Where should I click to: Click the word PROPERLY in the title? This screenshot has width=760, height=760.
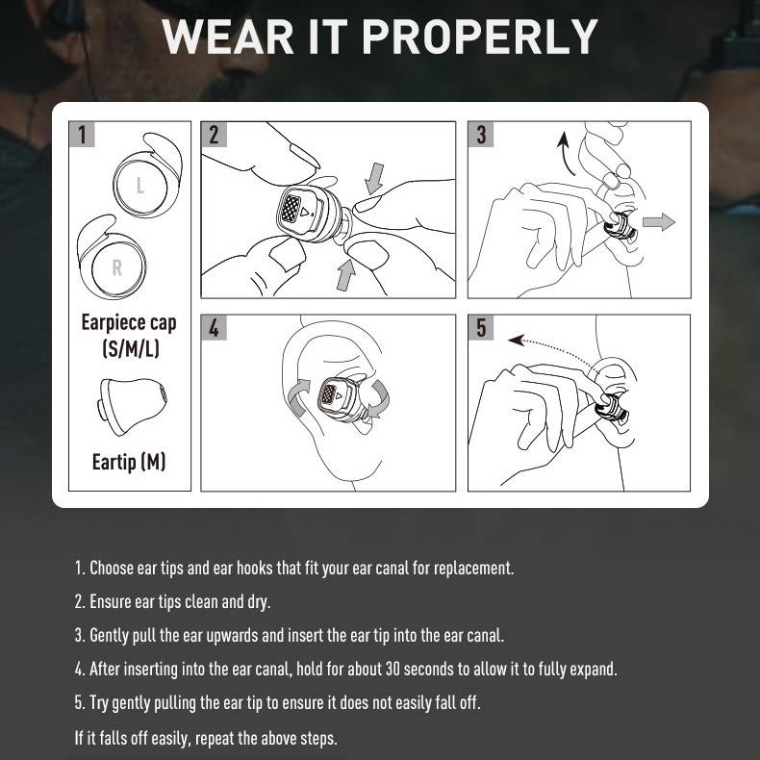pyautogui.click(x=480, y=37)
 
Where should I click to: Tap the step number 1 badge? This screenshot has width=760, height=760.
pyautogui.click(x=82, y=135)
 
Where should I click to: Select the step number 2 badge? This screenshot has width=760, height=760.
pyautogui.click(x=215, y=135)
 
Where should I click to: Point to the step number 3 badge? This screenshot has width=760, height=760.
pyautogui.click(x=481, y=135)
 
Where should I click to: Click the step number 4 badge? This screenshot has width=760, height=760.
pyautogui.click(x=215, y=328)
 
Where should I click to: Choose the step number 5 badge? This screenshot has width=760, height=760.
pyautogui.click(x=481, y=328)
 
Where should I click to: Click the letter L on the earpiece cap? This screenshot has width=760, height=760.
pyautogui.click(x=140, y=185)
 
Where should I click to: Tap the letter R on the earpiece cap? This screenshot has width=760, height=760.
pyautogui.click(x=117, y=267)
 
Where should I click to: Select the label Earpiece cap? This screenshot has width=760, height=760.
pyautogui.click(x=129, y=323)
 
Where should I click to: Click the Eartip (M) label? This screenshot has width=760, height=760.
pyautogui.click(x=129, y=462)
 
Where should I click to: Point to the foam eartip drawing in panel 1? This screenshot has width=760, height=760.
pyautogui.click(x=132, y=406)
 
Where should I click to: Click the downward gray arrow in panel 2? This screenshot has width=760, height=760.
pyautogui.click(x=374, y=178)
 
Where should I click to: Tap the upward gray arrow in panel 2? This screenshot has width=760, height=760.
pyautogui.click(x=345, y=275)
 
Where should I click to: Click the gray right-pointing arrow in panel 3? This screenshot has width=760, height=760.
pyautogui.click(x=659, y=222)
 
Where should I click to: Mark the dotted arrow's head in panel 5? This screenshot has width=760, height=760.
pyautogui.click(x=516, y=340)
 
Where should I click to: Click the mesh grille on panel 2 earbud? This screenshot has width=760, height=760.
pyautogui.click(x=291, y=209)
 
